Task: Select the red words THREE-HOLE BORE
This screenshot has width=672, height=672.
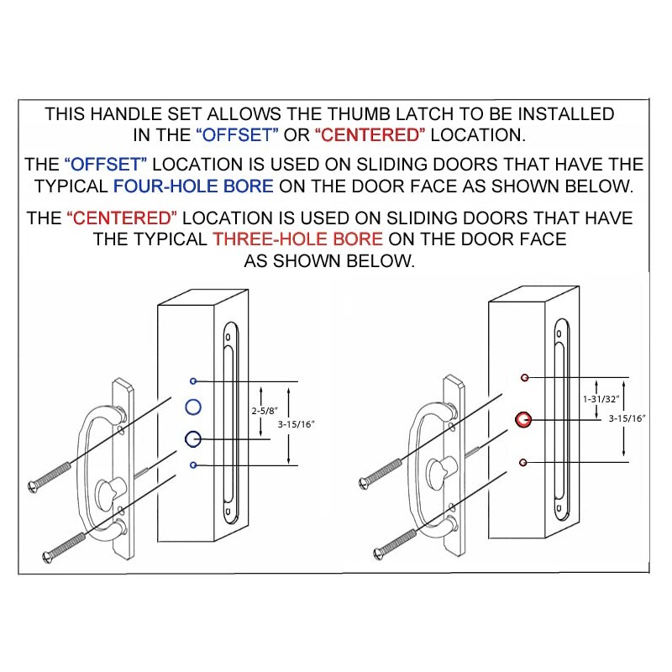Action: (x=297, y=239)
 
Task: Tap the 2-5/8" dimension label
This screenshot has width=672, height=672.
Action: (x=264, y=412)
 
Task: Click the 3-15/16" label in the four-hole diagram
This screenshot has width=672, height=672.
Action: (x=299, y=425)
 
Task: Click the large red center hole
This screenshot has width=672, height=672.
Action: (x=523, y=419)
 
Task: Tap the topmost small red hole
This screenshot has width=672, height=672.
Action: (x=523, y=377)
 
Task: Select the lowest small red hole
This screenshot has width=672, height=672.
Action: (x=523, y=462)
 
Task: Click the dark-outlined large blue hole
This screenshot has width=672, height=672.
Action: (x=193, y=438)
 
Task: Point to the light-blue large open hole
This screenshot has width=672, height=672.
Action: (x=192, y=408)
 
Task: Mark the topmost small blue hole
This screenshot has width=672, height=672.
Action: (x=193, y=381)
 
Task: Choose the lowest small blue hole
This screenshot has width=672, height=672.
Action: (x=193, y=465)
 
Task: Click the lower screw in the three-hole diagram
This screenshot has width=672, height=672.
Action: (x=395, y=541)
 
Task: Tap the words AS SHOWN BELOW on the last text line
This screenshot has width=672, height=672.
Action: (x=329, y=260)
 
